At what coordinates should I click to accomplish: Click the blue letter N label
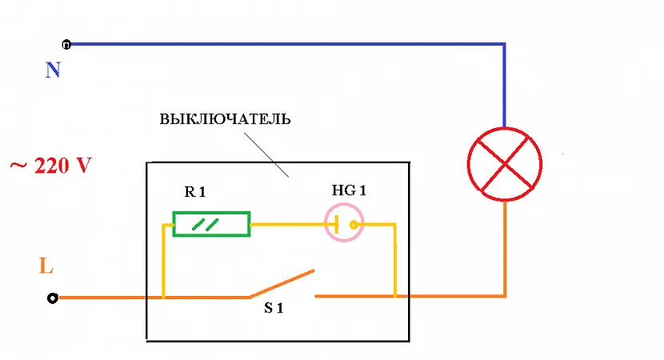pos(53,70)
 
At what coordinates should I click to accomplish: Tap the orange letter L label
pos(46,266)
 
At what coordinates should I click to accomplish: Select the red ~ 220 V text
pos(50,167)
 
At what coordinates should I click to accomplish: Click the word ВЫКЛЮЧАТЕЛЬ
pos(225,120)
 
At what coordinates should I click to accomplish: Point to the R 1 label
pos(196,193)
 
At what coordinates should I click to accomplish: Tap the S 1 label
pos(274,308)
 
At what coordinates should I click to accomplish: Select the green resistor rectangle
pos(211,223)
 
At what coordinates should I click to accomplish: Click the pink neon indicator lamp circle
pos(343,224)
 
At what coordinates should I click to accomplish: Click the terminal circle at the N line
pos(66,43)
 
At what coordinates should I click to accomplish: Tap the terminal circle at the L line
pos(53,298)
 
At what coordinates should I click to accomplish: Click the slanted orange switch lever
pos(280,283)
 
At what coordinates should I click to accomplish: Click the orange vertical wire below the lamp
pos(505,248)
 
